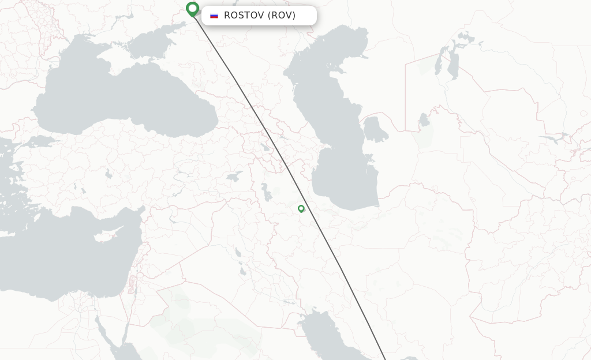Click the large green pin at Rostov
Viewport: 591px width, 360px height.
(193, 9)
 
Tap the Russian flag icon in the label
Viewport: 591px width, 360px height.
(214, 16)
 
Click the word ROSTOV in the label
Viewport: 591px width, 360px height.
(244, 16)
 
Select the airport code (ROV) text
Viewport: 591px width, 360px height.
(282, 16)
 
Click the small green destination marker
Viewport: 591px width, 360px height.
(301, 209)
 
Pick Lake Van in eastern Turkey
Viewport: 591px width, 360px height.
(234, 177)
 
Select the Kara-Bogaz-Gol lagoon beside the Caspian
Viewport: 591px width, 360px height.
(375, 130)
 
